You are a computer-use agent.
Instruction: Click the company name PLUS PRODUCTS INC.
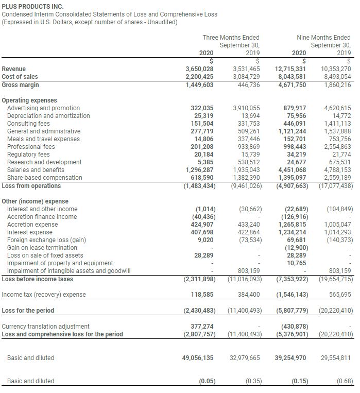(32, 6)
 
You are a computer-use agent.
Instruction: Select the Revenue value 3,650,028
(199, 69)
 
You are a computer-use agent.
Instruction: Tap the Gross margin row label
(21, 84)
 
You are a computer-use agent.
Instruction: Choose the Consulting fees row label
(28, 124)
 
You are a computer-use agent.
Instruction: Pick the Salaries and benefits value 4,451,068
(292, 170)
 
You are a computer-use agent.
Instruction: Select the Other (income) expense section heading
(35, 201)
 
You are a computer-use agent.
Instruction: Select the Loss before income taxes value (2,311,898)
(199, 279)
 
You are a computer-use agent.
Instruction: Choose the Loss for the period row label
(28, 310)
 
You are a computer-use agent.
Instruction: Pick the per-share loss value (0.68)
(344, 381)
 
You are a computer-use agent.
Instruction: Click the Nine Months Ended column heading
(323, 38)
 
